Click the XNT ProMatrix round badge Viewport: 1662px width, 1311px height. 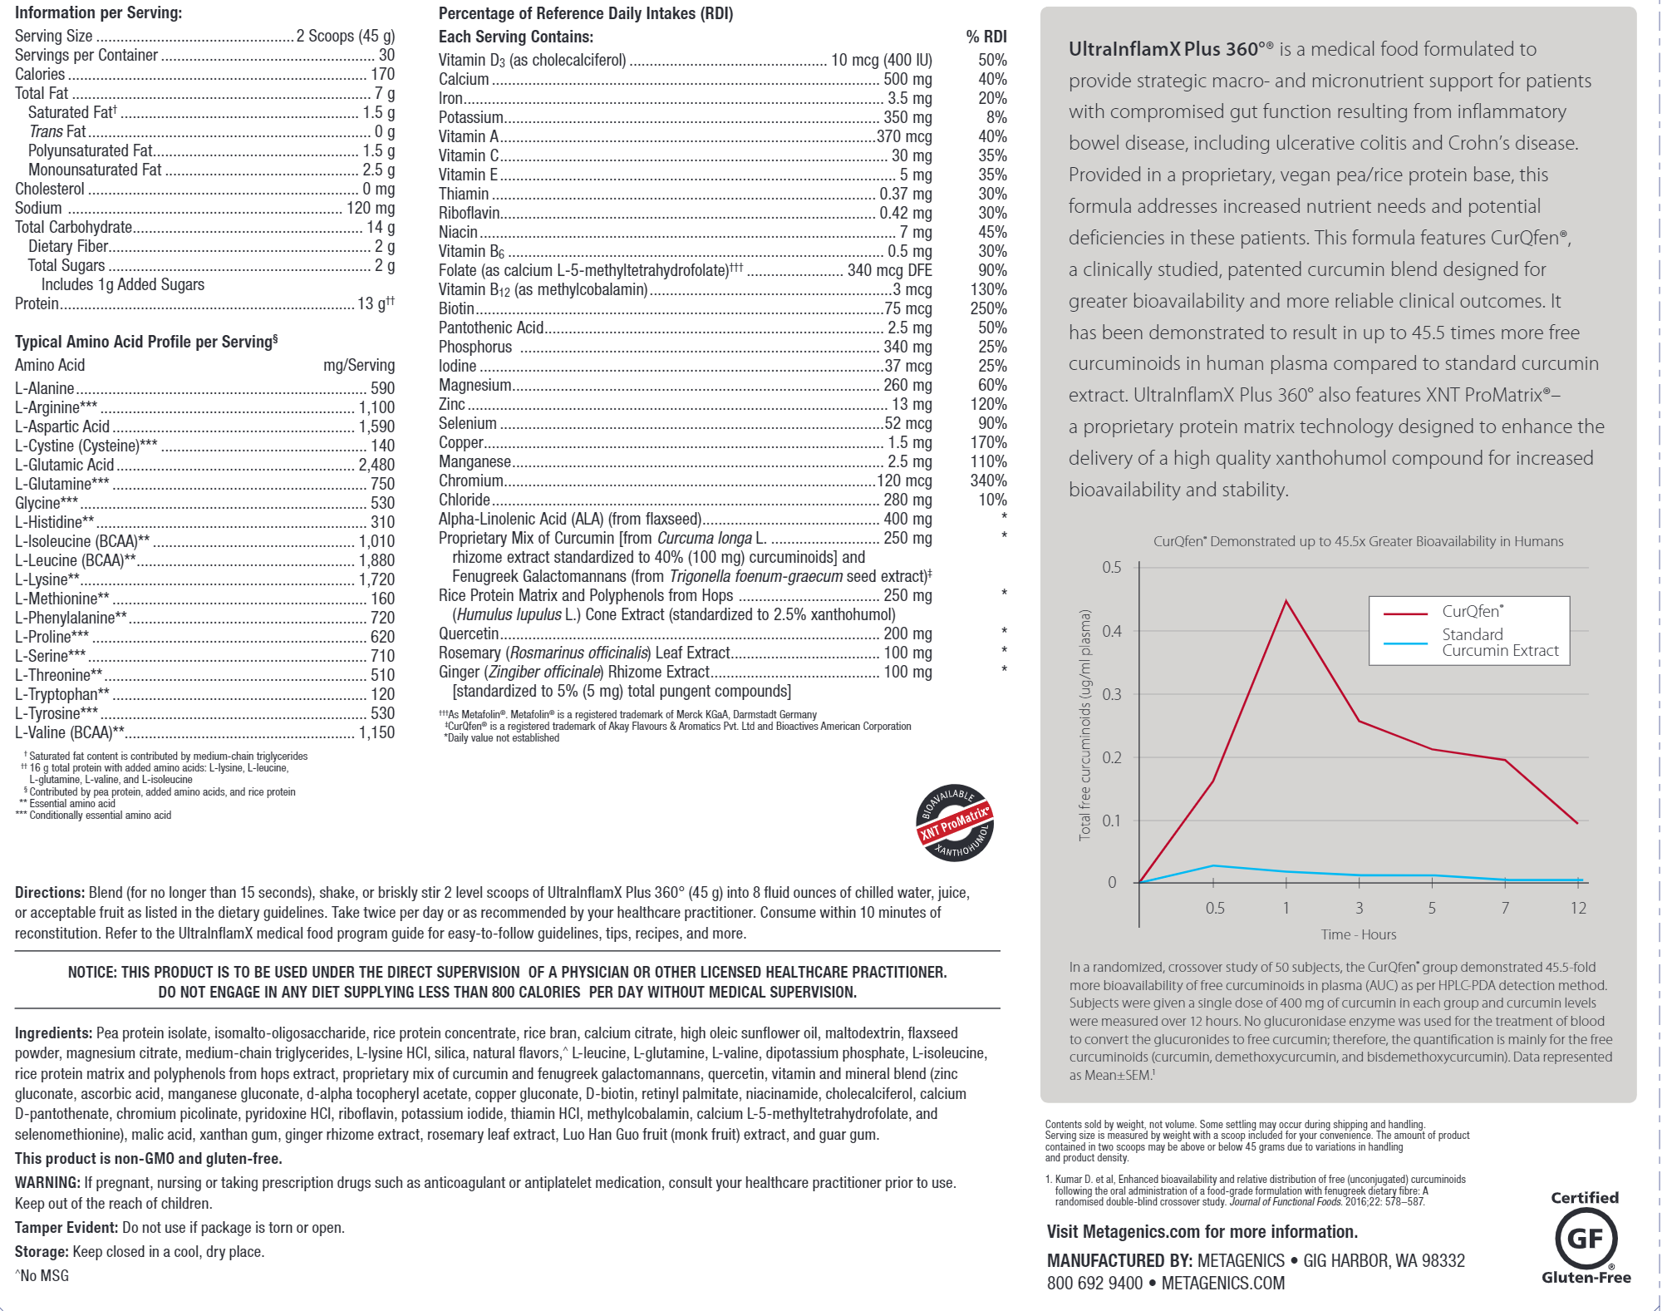coord(955,823)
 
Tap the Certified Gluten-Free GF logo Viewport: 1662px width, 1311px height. coord(1586,1239)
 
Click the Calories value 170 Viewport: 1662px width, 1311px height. coord(382,74)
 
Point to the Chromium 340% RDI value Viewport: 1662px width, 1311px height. coord(988,481)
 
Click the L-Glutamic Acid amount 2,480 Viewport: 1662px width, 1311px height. coord(376,465)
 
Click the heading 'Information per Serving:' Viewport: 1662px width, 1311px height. coord(98,12)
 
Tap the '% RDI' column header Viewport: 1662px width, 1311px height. coord(986,37)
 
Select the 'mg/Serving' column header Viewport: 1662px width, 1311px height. coord(358,365)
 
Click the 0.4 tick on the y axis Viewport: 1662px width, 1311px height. coord(1111,631)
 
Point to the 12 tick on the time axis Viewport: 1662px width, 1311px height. coord(1578,908)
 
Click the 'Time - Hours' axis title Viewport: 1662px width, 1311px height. coord(1358,934)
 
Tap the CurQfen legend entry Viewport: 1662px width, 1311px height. coord(1472,612)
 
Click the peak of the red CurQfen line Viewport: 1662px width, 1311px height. coord(1286,601)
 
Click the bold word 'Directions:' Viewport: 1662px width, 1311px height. coord(50,893)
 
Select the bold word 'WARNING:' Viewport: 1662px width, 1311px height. coord(47,1183)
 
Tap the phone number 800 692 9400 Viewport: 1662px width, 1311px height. coord(1094,1283)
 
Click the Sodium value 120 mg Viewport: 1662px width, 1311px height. coord(371,208)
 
